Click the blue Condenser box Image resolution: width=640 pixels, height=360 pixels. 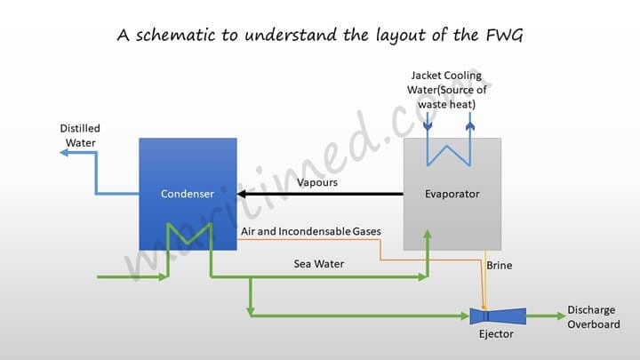click(x=188, y=169)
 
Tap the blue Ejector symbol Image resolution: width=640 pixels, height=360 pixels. click(x=498, y=316)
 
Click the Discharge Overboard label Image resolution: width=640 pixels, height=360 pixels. click(x=591, y=317)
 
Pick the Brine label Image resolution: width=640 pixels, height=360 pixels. click(x=500, y=265)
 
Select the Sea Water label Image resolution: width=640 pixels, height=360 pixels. click(x=319, y=264)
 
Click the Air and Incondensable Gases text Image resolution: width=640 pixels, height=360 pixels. click(x=311, y=232)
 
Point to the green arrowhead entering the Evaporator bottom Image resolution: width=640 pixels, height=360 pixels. click(x=428, y=235)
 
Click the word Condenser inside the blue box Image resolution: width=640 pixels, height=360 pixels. click(x=188, y=194)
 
